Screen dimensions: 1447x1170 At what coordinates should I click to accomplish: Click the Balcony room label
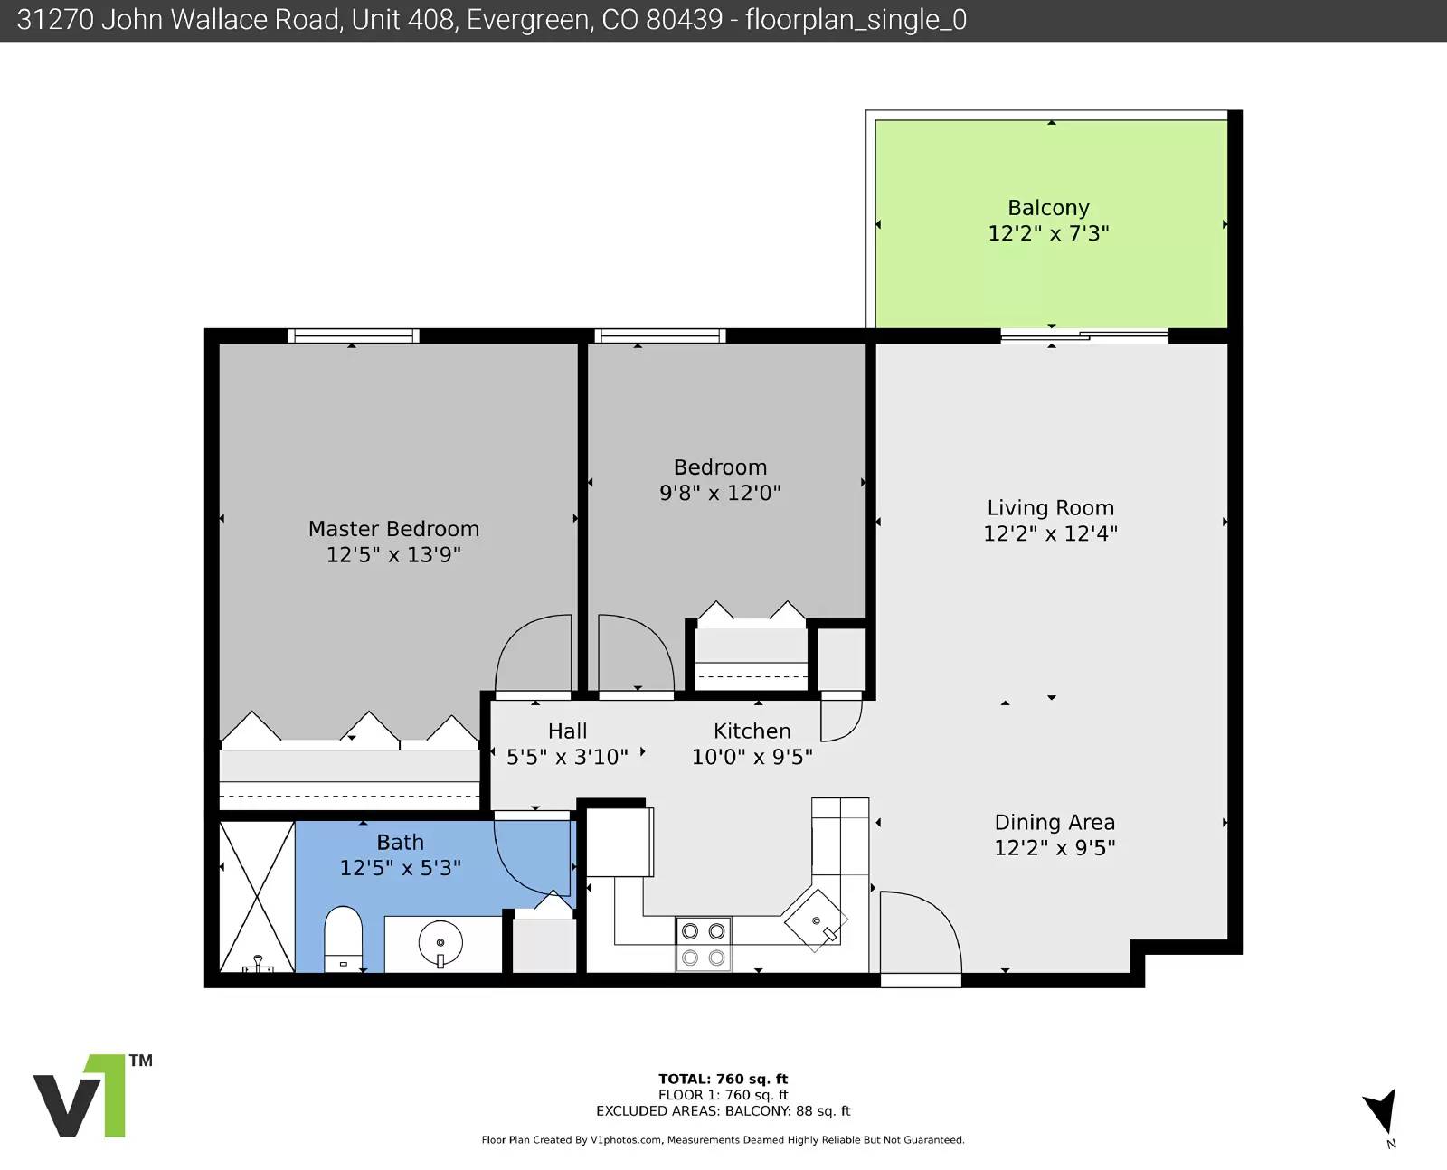(1048, 208)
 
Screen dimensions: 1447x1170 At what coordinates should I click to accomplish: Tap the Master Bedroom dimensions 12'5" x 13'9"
(393, 555)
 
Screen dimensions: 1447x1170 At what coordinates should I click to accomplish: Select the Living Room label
(1050, 508)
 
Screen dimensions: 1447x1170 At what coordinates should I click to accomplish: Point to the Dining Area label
(1055, 822)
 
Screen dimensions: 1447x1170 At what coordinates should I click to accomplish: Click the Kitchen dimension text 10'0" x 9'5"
(752, 757)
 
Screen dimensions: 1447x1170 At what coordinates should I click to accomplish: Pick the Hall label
(567, 731)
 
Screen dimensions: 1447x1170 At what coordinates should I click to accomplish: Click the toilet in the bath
(343, 939)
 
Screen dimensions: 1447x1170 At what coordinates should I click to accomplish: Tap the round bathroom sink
(440, 942)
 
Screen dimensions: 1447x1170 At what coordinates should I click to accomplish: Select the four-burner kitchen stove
(703, 944)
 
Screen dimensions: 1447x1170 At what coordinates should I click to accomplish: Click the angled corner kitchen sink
(816, 920)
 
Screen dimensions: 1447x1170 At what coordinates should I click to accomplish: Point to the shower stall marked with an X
(257, 896)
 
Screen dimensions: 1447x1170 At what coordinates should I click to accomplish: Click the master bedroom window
(354, 335)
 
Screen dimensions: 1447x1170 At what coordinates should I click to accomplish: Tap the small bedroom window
(659, 335)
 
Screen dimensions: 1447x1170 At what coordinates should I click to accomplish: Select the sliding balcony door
(1084, 335)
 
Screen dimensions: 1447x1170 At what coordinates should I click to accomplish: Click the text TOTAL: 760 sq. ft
(723, 1079)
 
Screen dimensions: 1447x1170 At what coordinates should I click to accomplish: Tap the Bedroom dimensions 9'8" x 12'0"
(720, 493)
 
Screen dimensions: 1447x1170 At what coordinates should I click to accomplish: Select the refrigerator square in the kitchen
(619, 842)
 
